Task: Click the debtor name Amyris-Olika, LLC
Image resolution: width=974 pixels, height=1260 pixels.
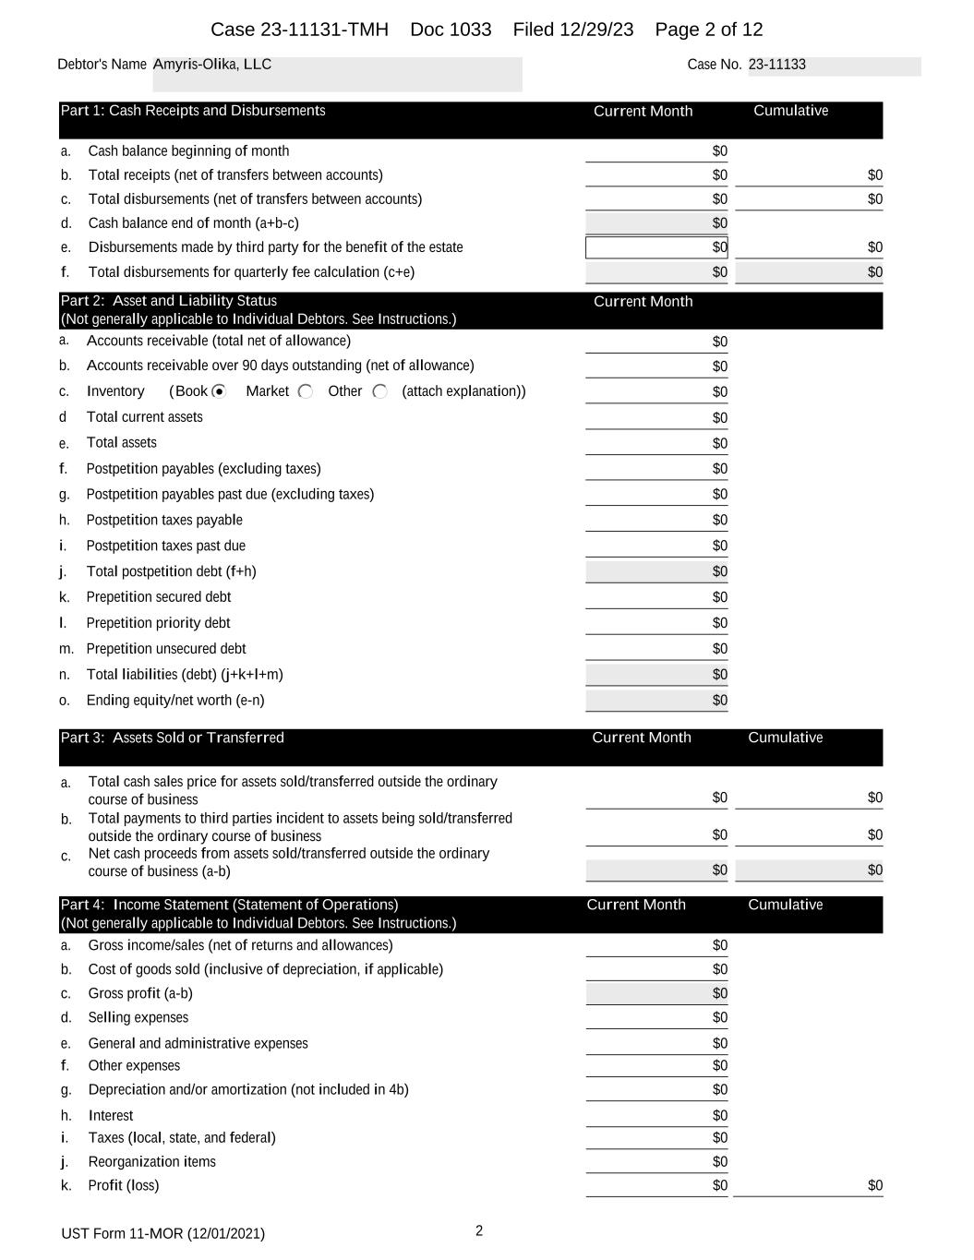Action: pos(212,65)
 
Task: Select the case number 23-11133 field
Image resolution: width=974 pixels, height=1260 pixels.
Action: pos(777,65)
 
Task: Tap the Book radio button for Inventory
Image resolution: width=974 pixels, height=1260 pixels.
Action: pos(219,391)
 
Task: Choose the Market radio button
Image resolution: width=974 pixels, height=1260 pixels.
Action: pos(306,391)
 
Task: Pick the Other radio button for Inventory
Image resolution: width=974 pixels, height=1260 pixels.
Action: pos(379,391)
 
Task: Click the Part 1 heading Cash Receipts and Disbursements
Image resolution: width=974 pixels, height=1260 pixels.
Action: pos(193,111)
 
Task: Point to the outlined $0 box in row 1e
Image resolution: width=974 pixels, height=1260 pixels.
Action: pos(656,247)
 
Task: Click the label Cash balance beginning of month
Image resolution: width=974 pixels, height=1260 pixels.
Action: pos(188,151)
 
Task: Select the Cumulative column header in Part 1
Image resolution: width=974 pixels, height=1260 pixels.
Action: pos(790,111)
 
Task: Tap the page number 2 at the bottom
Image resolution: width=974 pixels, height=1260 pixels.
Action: pos(479,1230)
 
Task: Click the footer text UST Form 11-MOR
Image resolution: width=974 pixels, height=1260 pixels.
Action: pos(162,1234)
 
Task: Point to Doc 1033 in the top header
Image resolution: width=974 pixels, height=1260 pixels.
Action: pos(451,30)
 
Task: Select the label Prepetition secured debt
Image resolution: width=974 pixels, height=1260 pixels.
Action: pos(159,597)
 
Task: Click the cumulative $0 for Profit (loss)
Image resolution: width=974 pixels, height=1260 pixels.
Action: pos(874,1186)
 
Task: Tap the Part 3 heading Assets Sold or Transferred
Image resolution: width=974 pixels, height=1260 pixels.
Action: pos(173,738)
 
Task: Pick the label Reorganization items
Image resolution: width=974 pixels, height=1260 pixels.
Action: pos(151,1162)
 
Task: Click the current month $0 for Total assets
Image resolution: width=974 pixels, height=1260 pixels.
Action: pos(719,443)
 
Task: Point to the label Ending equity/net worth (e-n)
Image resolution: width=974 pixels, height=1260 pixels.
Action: pos(175,701)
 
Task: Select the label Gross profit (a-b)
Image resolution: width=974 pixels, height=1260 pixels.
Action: pos(140,994)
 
